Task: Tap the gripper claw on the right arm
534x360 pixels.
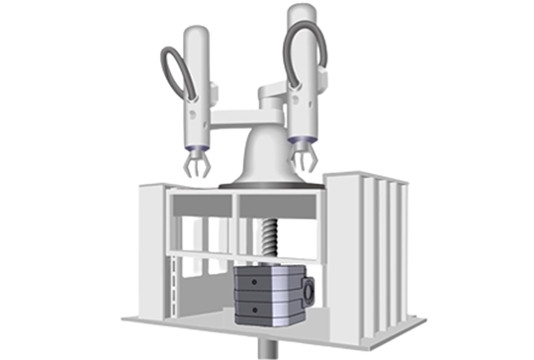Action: click(x=302, y=157)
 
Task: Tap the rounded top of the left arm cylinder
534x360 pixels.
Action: click(x=196, y=33)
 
